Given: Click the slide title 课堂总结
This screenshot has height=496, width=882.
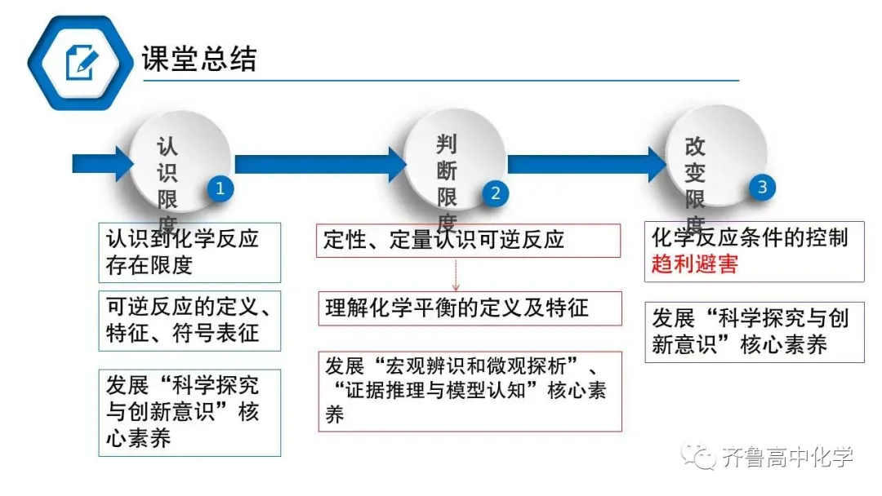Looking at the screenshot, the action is point(199,59).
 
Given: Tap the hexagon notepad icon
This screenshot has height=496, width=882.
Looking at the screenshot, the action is point(79,60).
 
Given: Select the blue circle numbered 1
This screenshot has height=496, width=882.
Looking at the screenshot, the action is point(219,189).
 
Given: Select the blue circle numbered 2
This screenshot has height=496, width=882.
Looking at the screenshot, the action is point(495,193).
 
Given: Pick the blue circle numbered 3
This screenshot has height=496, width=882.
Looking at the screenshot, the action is point(762,187).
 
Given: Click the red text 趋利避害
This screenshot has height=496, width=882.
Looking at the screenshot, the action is point(695,264).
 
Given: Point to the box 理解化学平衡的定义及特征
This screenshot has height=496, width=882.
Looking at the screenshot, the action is point(469,308).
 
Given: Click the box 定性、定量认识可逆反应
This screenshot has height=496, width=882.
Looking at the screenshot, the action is point(469,240).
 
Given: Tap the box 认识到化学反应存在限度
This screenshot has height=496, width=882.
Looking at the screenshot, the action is point(189,252).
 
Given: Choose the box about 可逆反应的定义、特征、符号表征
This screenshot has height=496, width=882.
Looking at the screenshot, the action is point(189,321).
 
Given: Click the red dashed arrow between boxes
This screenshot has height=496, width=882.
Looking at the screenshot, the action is point(457,274).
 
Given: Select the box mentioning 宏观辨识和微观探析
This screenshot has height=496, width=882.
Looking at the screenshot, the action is point(469,391).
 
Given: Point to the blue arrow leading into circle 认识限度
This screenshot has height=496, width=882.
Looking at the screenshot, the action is point(102,163).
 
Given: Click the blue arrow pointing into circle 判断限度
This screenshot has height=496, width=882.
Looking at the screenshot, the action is point(318,163).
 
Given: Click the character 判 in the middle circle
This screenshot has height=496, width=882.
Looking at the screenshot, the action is point(447,145).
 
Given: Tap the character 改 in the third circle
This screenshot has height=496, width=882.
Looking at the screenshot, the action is point(695,147).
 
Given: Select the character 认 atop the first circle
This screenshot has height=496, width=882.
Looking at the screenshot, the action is point(167,147).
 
